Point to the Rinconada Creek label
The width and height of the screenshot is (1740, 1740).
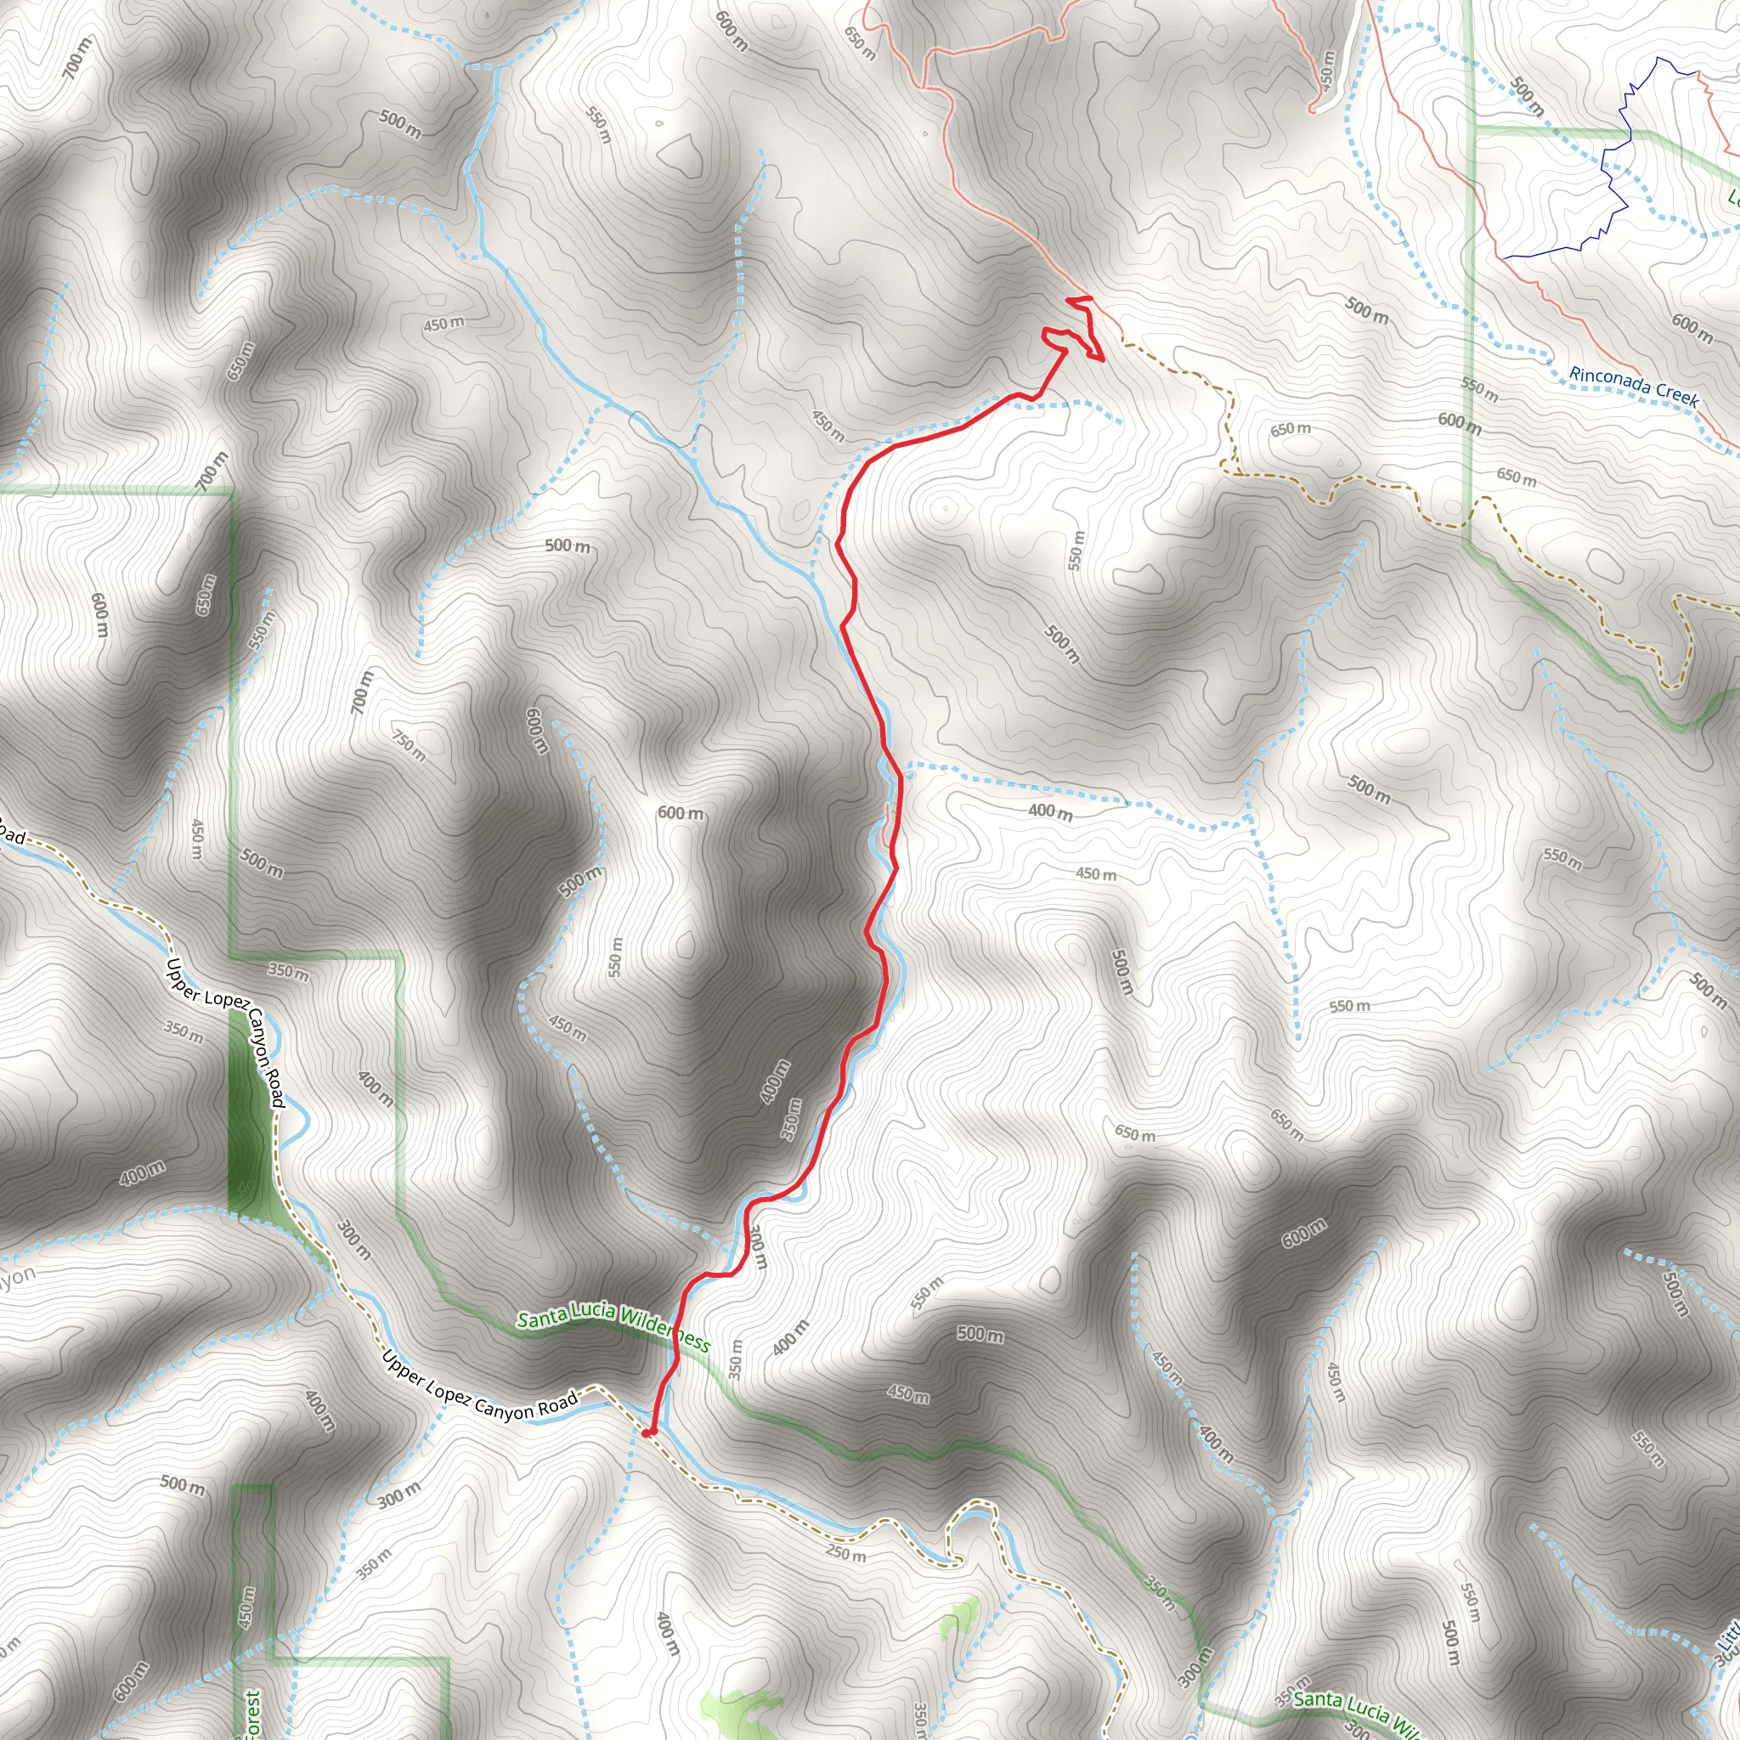[x=1634, y=386]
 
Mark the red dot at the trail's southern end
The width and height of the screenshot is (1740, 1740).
[x=647, y=1431]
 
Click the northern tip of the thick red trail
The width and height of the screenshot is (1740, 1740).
[x=1079, y=298]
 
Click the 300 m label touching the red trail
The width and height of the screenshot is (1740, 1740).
[x=757, y=1247]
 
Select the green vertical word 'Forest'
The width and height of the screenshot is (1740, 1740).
[x=252, y=1712]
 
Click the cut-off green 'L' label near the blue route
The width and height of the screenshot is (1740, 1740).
[x=1733, y=196]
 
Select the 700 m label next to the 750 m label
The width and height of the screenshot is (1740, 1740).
[x=361, y=692]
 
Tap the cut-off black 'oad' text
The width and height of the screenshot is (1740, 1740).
[x=11, y=833]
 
